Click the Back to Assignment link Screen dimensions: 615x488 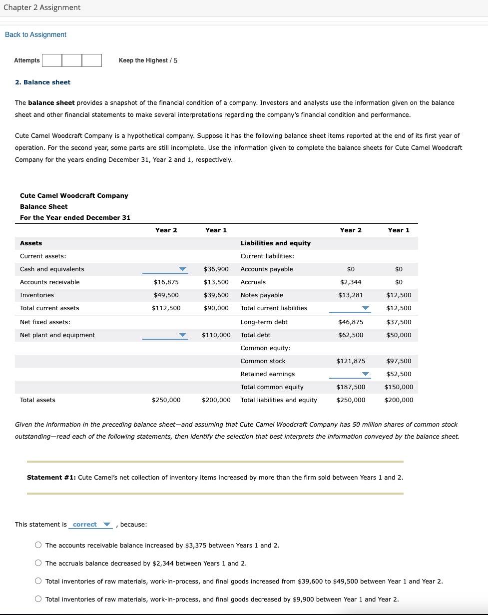pos(35,34)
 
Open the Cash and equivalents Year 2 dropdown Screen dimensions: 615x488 pos(165,269)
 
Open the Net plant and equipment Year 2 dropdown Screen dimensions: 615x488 pos(165,335)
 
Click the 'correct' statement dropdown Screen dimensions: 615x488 pos(91,525)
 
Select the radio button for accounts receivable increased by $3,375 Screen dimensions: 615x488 pos(38,546)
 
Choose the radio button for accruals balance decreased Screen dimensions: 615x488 pos(38,564)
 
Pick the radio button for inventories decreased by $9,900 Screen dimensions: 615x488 pos(38,600)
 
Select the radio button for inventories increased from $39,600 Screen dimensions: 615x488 pos(38,582)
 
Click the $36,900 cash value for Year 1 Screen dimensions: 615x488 pos(216,269)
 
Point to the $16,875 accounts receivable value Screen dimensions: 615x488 pos(166,282)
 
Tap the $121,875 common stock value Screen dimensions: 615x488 pos(351,361)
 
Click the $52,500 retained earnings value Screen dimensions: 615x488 pos(399,374)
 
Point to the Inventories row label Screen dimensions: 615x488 pos(37,295)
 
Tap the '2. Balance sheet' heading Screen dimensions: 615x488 pos(42,82)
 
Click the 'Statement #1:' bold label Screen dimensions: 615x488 pos(51,478)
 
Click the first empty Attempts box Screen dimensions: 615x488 pos(52,60)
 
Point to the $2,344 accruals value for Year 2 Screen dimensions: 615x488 pos(351,282)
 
